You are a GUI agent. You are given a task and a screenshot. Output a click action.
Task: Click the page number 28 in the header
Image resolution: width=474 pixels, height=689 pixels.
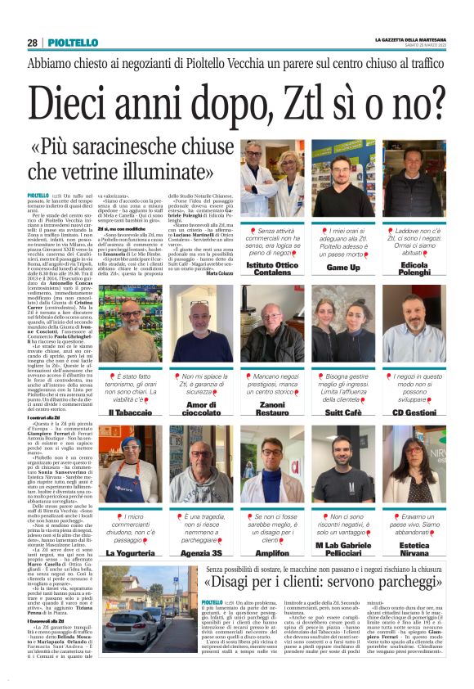click(x=32, y=43)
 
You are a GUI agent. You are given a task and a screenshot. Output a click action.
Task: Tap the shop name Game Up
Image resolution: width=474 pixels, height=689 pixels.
click(x=342, y=267)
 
